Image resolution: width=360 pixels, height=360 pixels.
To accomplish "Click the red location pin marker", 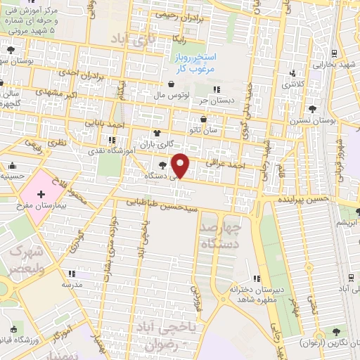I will tap(181, 165).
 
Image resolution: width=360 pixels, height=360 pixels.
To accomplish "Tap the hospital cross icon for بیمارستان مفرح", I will tap(41, 193).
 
